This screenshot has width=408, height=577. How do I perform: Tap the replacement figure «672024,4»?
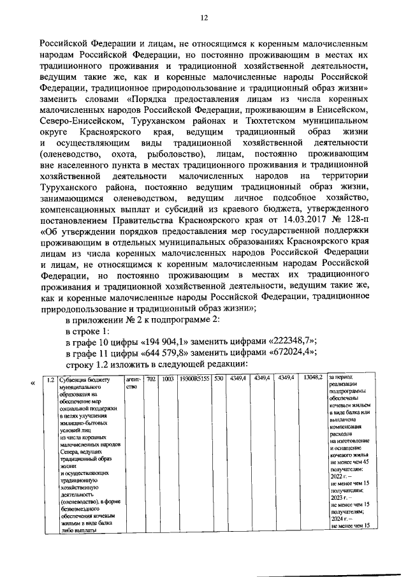pyautogui.click(x=290, y=353)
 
